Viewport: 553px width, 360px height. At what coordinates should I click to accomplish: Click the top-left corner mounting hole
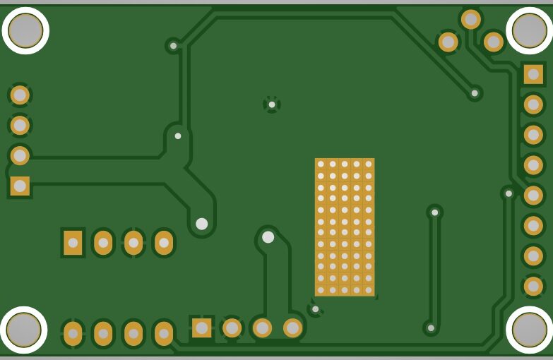[25, 30]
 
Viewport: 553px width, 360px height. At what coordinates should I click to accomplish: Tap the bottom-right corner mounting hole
[529, 330]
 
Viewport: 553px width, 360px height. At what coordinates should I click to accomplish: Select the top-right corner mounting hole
[529, 30]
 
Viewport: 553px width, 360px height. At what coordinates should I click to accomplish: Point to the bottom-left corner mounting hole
[24, 330]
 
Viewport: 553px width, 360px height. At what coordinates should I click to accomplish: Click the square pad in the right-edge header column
[533, 74]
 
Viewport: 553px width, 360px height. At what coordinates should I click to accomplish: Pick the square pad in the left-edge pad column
[20, 186]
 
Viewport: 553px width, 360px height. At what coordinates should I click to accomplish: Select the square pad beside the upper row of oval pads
[73, 243]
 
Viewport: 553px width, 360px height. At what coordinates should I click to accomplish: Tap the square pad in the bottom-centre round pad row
[202, 328]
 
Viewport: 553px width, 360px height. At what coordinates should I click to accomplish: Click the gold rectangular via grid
[345, 227]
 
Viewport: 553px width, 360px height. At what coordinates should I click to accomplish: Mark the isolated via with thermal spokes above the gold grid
[272, 104]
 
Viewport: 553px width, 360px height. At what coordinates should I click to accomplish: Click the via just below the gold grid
[315, 308]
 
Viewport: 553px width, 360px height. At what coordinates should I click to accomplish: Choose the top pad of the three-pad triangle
[471, 19]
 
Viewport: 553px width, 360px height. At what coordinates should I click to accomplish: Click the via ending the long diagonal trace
[475, 92]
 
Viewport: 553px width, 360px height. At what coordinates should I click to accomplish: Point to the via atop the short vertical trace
[434, 212]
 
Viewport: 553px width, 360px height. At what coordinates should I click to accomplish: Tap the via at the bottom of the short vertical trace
[431, 328]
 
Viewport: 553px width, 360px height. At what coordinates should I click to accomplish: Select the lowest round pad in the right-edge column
[533, 287]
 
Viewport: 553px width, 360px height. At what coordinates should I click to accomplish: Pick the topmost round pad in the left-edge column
[20, 95]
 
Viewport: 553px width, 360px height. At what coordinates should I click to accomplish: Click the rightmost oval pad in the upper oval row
[164, 243]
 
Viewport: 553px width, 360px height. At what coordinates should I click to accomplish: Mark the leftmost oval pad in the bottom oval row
[73, 333]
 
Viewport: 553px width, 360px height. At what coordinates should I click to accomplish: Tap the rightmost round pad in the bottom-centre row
[292, 328]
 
